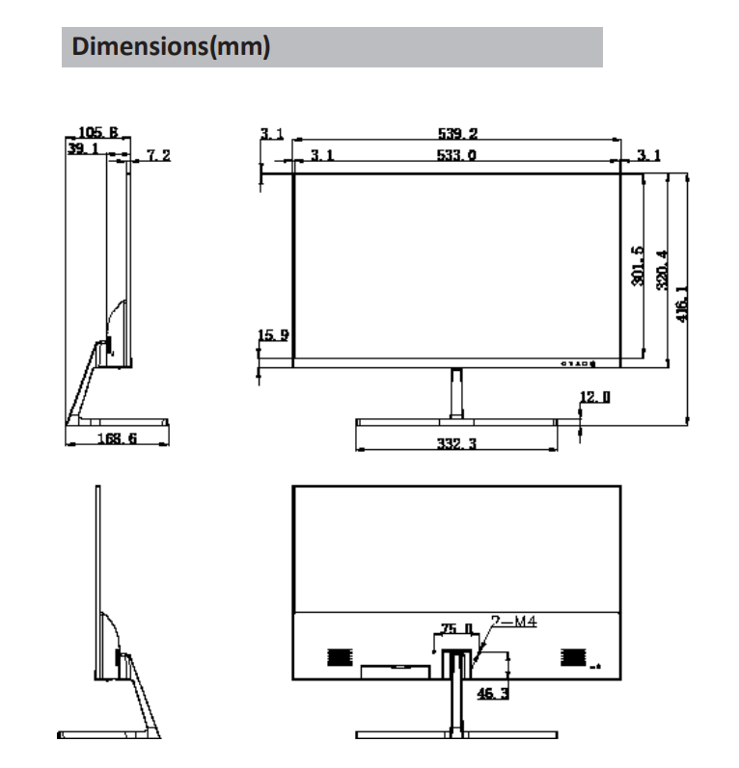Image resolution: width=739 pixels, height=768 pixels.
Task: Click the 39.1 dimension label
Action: pos(82,150)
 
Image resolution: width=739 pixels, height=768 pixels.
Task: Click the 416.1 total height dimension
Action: pos(683,302)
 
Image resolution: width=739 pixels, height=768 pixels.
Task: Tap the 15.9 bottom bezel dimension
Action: pos(273,335)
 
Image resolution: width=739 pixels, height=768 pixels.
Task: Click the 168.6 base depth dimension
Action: pos(118,438)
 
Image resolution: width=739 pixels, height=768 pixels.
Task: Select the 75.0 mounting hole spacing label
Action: pos(454,628)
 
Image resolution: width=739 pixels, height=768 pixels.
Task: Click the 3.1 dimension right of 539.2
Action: pos(647,155)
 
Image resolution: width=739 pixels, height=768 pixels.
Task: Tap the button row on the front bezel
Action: pos(578,364)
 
